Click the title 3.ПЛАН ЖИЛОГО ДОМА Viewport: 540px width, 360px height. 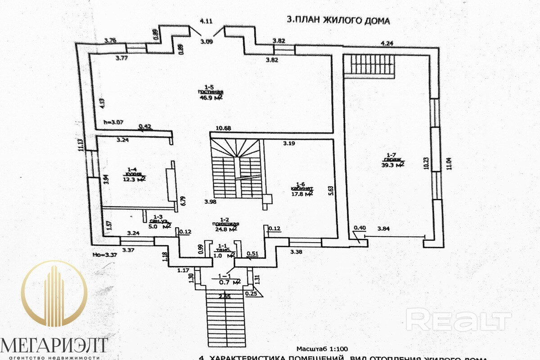(x=338, y=20)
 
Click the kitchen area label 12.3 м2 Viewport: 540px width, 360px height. (x=134, y=179)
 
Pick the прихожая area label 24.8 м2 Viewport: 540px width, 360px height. (x=226, y=229)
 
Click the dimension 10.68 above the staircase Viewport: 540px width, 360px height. (x=224, y=129)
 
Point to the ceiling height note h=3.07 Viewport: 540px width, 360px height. (x=113, y=121)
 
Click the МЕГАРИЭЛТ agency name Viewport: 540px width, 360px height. (x=54, y=346)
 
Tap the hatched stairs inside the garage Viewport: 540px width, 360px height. (x=370, y=65)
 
